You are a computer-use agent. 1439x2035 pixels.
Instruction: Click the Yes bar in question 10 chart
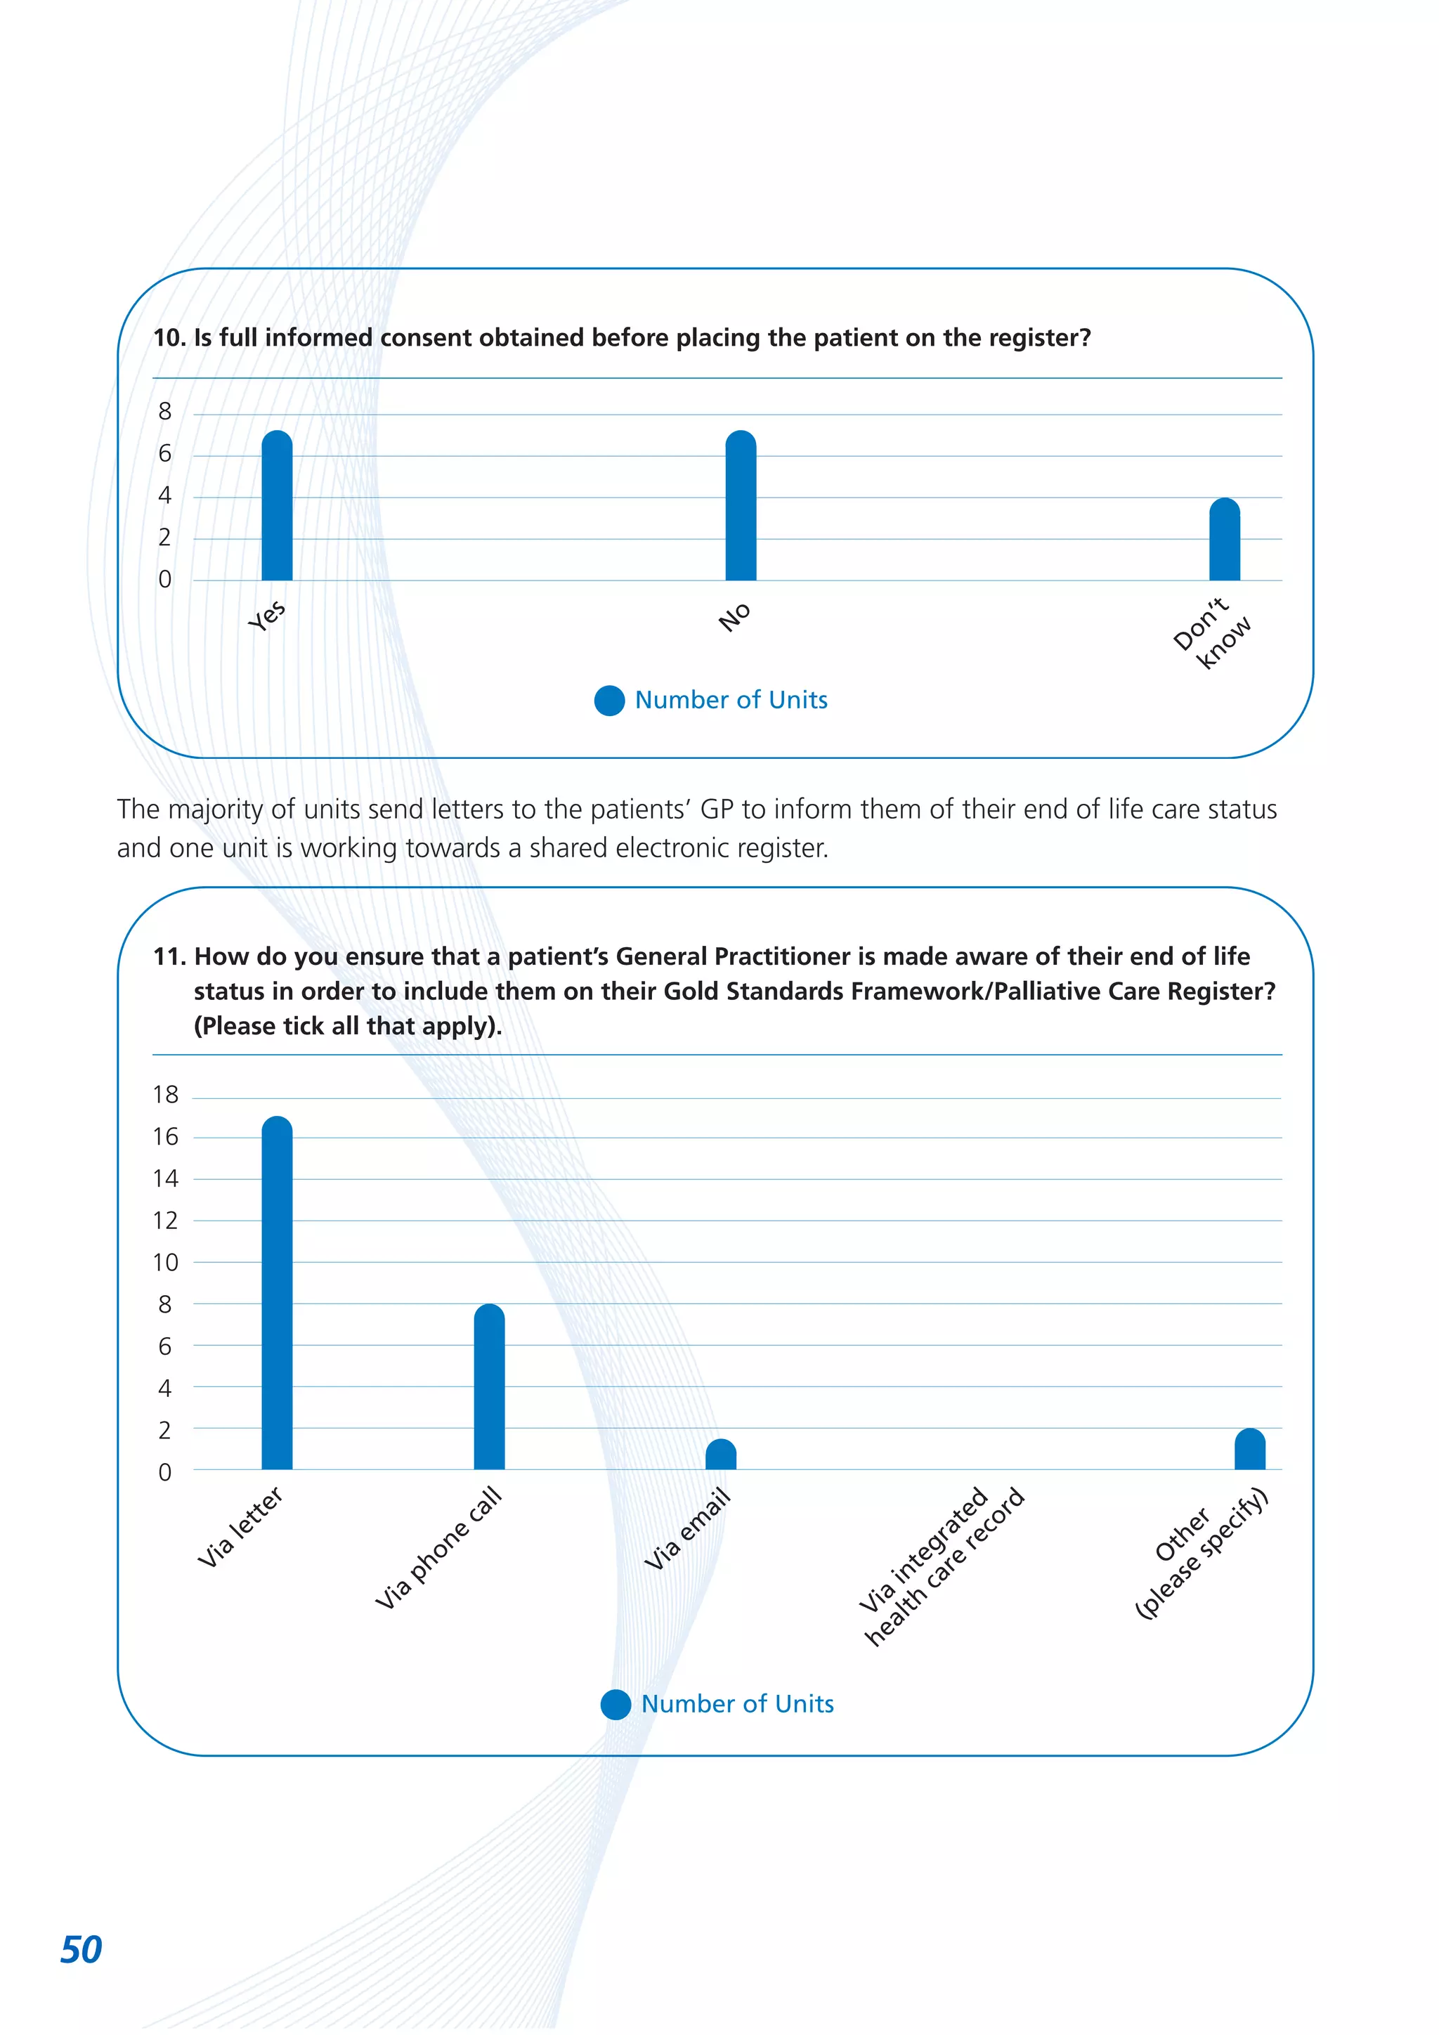click(x=276, y=507)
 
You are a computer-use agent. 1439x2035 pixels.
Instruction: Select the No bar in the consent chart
click(x=740, y=507)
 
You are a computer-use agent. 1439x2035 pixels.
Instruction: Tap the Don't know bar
click(x=1224, y=540)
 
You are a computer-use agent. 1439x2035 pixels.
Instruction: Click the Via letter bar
click(x=276, y=1294)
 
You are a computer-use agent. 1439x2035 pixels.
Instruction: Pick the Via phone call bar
click(x=488, y=1388)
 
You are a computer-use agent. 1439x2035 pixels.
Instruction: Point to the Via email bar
click(x=720, y=1455)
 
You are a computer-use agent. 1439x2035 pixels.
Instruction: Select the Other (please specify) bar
click(x=1249, y=1451)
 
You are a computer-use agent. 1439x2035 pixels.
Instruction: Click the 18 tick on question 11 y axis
click(x=165, y=1095)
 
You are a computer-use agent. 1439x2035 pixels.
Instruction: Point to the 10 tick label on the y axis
click(x=165, y=1263)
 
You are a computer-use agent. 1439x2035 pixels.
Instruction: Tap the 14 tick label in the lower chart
click(x=165, y=1179)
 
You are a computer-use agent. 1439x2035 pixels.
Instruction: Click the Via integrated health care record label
click(x=941, y=1566)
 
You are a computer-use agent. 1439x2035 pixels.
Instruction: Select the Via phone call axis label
click(x=438, y=1547)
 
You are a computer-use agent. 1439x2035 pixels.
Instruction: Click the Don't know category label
click(x=1211, y=633)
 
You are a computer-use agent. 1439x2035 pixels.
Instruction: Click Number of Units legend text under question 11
click(x=737, y=1703)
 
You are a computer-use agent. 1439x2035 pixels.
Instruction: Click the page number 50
click(x=81, y=1949)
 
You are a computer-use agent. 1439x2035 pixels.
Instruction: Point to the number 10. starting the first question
click(x=169, y=338)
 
